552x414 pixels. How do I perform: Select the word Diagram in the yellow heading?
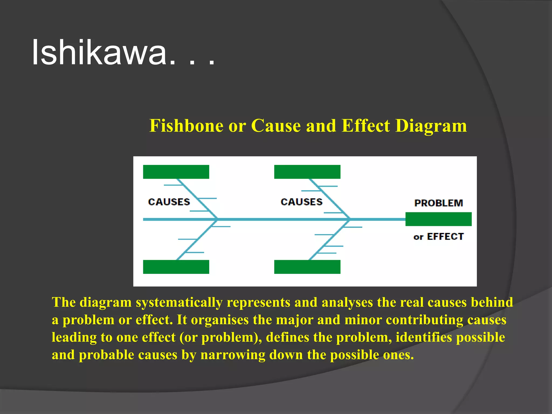coord(431,126)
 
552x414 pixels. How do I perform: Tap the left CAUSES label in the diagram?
coord(169,202)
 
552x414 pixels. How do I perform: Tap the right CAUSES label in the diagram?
coord(302,202)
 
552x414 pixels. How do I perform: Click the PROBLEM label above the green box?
coord(439,203)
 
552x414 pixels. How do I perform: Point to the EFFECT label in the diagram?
coord(445,237)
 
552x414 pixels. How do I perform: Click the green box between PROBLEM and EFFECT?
coord(439,219)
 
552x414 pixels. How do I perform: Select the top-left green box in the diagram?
coord(176,172)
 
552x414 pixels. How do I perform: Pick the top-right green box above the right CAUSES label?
coord(307,172)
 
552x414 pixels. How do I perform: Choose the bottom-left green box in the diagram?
coord(176,267)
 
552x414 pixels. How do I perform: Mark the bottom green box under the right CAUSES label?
coord(307,267)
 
